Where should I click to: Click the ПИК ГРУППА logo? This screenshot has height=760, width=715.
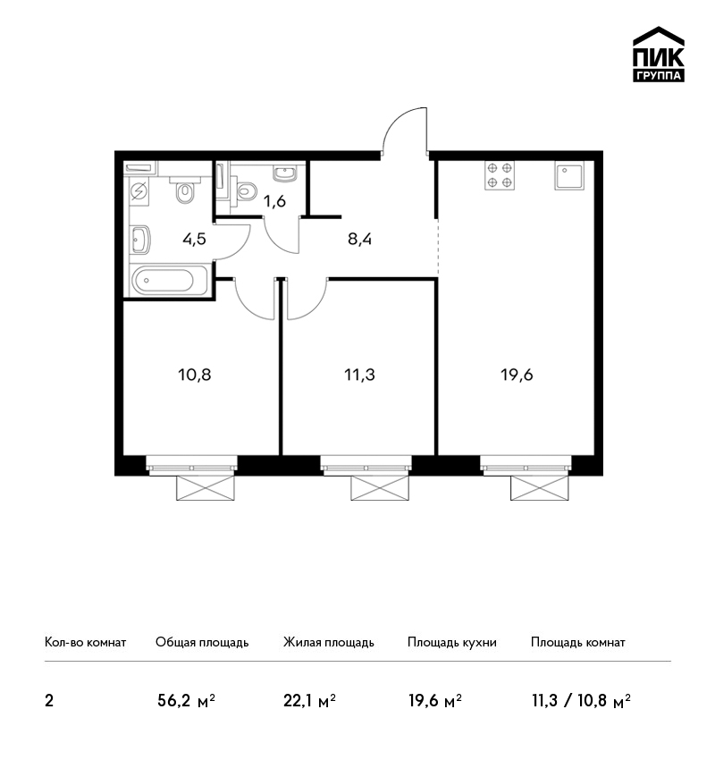pyautogui.click(x=659, y=55)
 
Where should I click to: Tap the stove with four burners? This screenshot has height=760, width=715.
pyautogui.click(x=500, y=175)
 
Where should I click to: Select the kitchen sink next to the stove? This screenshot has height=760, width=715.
pyautogui.click(x=569, y=175)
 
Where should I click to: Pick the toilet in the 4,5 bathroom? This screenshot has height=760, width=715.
pyautogui.click(x=185, y=190)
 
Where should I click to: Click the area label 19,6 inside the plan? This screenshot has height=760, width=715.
pyautogui.click(x=517, y=375)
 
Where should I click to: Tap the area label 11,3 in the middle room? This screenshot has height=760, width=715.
pyautogui.click(x=359, y=375)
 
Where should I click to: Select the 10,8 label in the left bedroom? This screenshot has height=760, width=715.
pyautogui.click(x=195, y=375)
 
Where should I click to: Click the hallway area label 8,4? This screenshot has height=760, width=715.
pyautogui.click(x=360, y=239)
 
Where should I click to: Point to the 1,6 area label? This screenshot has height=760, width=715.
pyautogui.click(x=274, y=201)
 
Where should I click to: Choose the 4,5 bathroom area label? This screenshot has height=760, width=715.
pyautogui.click(x=194, y=239)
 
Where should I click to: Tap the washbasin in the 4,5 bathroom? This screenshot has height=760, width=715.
pyautogui.click(x=140, y=240)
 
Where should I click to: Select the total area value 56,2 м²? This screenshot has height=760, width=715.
pyautogui.click(x=187, y=701)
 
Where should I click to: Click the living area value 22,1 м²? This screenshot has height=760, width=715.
pyautogui.click(x=309, y=701)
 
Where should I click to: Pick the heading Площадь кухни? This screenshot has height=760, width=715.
pyautogui.click(x=452, y=642)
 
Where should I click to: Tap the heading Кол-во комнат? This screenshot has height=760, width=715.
pyautogui.click(x=85, y=642)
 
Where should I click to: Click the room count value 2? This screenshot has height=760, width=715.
pyautogui.click(x=49, y=701)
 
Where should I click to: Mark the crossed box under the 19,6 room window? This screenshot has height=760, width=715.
pyautogui.click(x=540, y=487)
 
